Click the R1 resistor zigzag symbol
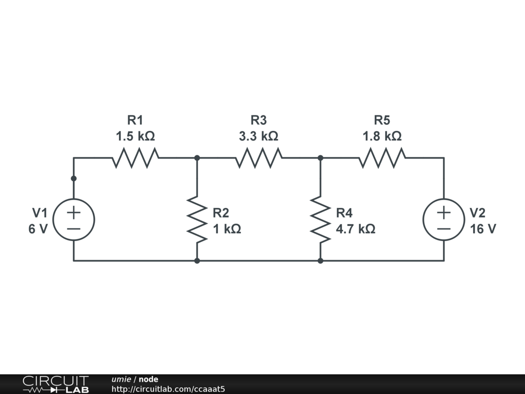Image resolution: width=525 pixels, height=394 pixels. pos(135,158)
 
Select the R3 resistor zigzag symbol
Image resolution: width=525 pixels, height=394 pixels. pos(258,158)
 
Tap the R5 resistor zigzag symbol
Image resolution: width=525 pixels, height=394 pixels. pos(382,158)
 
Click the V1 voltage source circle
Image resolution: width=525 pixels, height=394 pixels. pos(74,220)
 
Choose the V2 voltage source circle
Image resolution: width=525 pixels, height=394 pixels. pos(443,220)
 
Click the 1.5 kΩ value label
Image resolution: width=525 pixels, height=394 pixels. pos(135,137)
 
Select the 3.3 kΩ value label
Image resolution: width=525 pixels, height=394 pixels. pos(258,137)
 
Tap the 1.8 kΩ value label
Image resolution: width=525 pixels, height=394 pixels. pos(382,137)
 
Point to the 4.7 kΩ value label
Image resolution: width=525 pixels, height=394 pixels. pos(355,229)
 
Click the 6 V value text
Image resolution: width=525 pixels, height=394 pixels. pos(38,229)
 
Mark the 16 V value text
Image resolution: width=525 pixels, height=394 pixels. pos(483,229)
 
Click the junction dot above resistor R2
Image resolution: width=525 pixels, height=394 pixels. pos(197,158)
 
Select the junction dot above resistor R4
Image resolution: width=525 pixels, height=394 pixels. pos(320,158)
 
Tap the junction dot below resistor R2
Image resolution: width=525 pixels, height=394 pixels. pos(197,261)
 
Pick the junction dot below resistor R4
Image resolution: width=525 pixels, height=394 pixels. pos(320,261)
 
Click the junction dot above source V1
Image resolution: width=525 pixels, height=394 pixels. pos(74,179)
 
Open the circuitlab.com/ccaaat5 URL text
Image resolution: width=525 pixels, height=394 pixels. pos(168,389)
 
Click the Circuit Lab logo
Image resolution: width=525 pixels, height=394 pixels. pos(55,384)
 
